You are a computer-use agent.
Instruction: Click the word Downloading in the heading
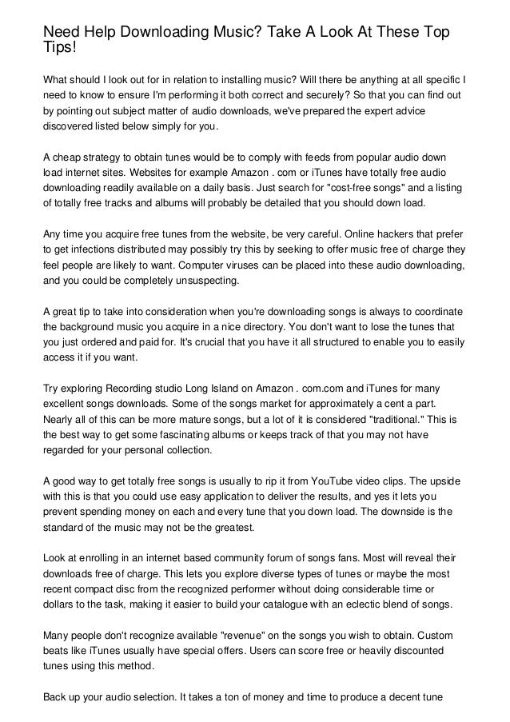click(x=168, y=32)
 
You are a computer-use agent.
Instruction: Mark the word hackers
click(x=369, y=233)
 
